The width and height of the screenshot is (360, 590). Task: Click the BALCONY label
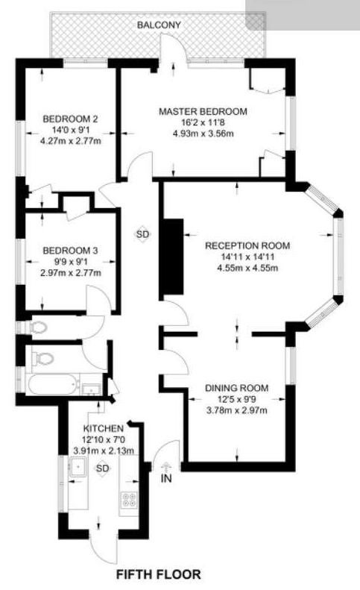click(x=159, y=25)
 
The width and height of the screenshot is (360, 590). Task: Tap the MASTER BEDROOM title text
click(x=203, y=111)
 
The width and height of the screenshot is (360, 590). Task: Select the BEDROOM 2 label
click(x=70, y=119)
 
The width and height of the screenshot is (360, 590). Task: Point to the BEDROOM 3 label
click(x=70, y=251)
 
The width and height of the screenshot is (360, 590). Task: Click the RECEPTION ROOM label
click(x=247, y=245)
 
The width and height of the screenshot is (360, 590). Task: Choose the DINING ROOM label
click(x=236, y=388)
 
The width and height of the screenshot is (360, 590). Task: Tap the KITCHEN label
click(x=104, y=429)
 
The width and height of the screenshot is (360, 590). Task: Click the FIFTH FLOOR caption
click(x=158, y=574)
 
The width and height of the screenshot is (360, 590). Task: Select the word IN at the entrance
click(x=166, y=479)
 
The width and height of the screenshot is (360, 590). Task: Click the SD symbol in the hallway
click(x=142, y=234)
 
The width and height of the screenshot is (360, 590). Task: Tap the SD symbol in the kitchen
click(x=102, y=468)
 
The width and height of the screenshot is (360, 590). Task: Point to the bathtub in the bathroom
click(x=53, y=384)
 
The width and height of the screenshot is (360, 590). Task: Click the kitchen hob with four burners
click(x=128, y=499)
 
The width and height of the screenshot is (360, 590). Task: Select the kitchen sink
click(x=78, y=467)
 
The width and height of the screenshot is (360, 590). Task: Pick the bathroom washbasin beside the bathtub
click(x=91, y=389)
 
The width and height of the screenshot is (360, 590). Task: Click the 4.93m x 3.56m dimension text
click(x=203, y=134)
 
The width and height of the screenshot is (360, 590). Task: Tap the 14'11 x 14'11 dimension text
click(x=247, y=257)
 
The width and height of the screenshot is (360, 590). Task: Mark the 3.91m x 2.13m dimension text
click(x=104, y=451)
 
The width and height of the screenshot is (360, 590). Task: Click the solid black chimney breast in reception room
click(x=173, y=257)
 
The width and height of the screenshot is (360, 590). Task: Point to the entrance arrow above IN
click(x=165, y=468)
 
